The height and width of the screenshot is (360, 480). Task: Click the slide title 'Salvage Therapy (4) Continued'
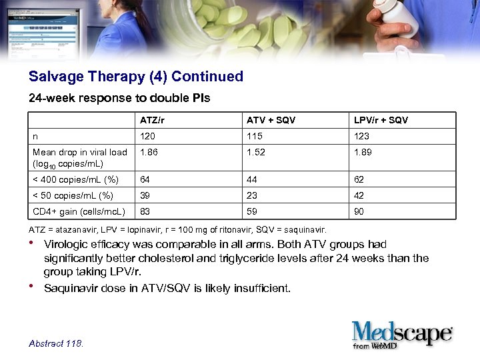[x=136, y=77]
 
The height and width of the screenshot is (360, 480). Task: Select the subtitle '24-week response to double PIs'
[x=119, y=98]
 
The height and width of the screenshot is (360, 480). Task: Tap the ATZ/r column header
[x=153, y=120]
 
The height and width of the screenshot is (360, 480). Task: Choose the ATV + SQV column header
[x=271, y=120]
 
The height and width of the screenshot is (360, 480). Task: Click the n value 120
[x=147, y=136]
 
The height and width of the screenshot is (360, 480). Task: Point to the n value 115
[x=254, y=136]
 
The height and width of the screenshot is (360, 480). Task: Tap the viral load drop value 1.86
[x=149, y=152]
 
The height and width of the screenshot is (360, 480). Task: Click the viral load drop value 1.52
[x=256, y=152]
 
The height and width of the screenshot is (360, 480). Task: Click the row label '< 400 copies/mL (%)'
[x=75, y=179]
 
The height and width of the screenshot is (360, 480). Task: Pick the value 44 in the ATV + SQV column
[x=252, y=179]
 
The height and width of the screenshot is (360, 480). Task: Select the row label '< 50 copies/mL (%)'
[x=73, y=195]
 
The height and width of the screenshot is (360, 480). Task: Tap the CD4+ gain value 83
[x=145, y=212]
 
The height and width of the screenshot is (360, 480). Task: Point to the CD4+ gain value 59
[x=252, y=212]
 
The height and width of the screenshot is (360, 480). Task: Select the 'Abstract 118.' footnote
[x=57, y=343]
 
